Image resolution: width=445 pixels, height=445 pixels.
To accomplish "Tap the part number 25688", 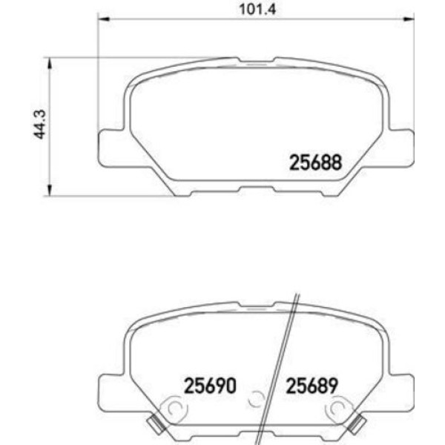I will (x=314, y=162).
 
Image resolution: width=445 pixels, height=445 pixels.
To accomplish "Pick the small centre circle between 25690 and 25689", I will (x=256, y=400).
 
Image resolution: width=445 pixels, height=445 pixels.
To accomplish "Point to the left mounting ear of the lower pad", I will (x=110, y=386).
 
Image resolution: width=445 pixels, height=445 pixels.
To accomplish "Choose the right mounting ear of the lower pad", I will (x=403, y=386).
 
